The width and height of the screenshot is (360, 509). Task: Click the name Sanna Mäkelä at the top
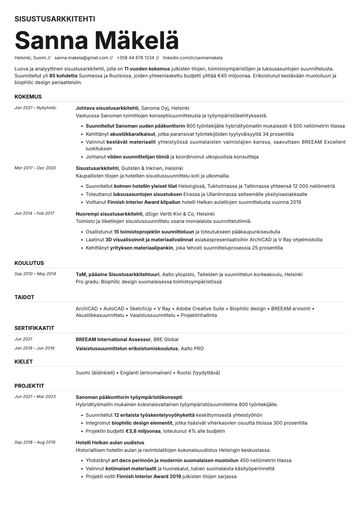click(97, 40)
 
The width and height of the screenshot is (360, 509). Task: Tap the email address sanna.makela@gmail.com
click(81, 58)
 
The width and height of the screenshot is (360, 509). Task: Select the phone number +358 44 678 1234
click(135, 58)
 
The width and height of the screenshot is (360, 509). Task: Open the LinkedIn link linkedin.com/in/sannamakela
click(192, 58)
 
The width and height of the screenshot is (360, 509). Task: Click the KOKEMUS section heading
click(28, 97)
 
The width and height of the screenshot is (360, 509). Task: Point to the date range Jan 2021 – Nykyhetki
click(35, 108)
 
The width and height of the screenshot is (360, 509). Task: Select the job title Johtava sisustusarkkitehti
click(107, 108)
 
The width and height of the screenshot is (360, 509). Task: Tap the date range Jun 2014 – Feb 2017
click(34, 213)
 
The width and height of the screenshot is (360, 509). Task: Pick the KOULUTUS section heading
click(29, 263)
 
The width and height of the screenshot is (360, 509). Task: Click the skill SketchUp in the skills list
click(141, 308)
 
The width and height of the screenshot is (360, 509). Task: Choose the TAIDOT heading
click(24, 297)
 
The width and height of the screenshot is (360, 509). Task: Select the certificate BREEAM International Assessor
click(113, 339)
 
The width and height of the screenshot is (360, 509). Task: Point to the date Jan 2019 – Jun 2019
click(34, 348)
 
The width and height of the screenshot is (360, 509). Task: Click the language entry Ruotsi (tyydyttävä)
click(198, 373)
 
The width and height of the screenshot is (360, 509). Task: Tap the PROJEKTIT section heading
click(29, 386)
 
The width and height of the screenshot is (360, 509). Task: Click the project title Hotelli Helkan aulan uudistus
click(110, 442)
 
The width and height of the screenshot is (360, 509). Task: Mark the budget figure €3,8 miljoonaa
click(143, 431)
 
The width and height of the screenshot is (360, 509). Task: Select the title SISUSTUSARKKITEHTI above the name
click(55, 19)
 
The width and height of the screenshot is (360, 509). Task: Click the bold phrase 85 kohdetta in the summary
click(63, 76)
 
